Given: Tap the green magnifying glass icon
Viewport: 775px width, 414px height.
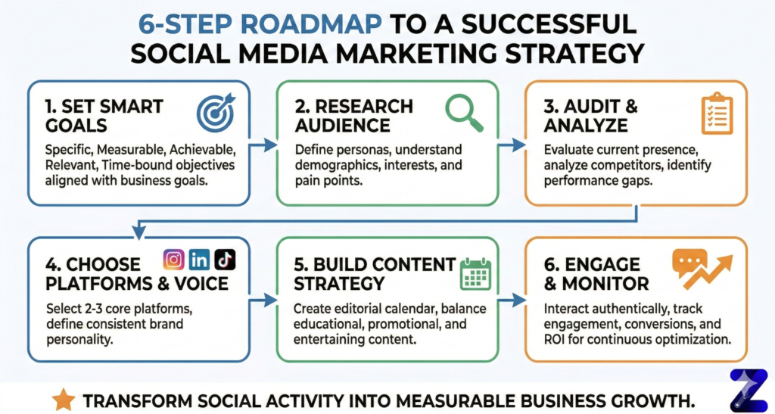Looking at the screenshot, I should coord(464,111).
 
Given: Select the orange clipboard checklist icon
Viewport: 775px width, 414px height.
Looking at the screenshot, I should coord(715,114).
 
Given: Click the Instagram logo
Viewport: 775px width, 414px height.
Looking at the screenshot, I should coord(174,260).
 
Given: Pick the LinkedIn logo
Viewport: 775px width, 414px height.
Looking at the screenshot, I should coord(200,260).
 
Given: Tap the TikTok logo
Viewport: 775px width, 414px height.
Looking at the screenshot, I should coord(225,260).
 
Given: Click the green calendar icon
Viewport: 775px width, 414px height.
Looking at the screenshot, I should coord(476,272).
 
